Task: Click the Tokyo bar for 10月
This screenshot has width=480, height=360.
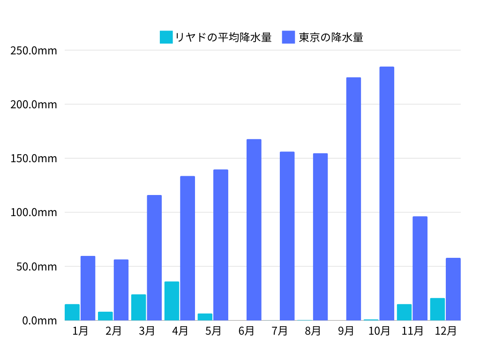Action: (387, 194)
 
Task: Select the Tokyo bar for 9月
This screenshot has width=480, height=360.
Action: (353, 199)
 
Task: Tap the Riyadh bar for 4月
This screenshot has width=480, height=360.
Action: (172, 301)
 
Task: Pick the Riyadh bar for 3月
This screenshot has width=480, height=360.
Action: (138, 307)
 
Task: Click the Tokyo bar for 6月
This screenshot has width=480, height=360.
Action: (254, 230)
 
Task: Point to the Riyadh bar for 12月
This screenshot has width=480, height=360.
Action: (437, 309)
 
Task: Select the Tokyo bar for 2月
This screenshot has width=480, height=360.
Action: (121, 290)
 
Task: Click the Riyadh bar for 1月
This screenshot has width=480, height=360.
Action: (72, 312)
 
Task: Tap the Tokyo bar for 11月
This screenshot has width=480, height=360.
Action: (420, 268)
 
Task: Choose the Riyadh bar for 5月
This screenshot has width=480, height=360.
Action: (205, 317)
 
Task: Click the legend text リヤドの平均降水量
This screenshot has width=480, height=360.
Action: (223, 37)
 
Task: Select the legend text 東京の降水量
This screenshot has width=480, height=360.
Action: (331, 37)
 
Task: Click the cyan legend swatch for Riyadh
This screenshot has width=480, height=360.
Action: (166, 37)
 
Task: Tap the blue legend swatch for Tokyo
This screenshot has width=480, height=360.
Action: (288, 37)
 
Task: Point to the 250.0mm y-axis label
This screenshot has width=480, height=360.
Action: (33, 50)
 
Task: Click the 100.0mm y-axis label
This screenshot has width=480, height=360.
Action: (33, 212)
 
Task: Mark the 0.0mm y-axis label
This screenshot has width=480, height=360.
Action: (39, 321)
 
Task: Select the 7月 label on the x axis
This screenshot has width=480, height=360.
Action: (279, 331)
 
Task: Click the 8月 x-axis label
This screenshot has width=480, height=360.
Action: (313, 331)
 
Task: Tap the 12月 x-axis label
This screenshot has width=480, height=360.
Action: (445, 331)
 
